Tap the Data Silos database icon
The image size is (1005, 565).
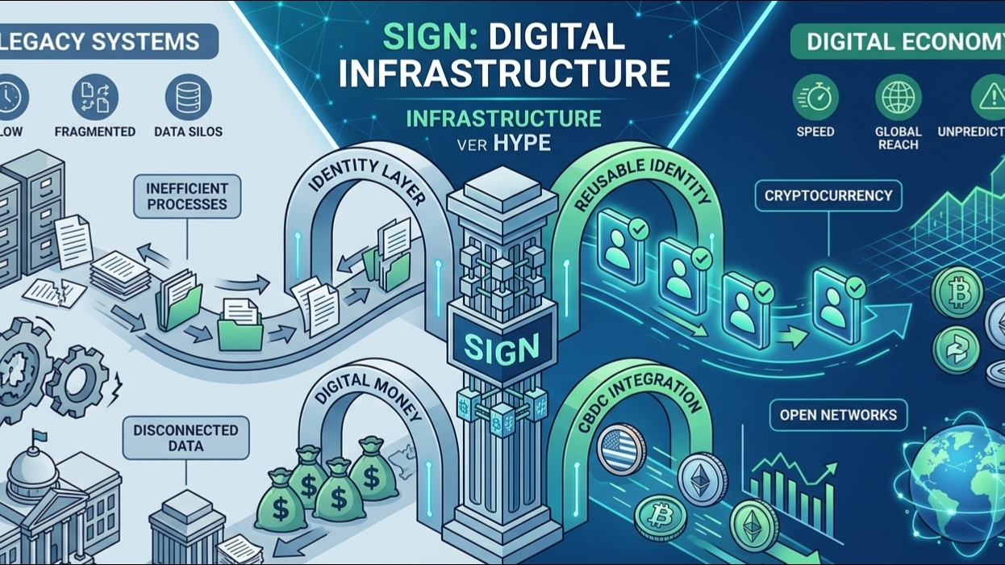pos(188,97)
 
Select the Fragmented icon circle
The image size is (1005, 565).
pos(94,97)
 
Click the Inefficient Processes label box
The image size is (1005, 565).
pos(187,196)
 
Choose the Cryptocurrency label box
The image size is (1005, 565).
pos(822,195)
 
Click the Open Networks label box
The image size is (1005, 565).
pos(838,415)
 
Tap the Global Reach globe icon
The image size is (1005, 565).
pos(898,98)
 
